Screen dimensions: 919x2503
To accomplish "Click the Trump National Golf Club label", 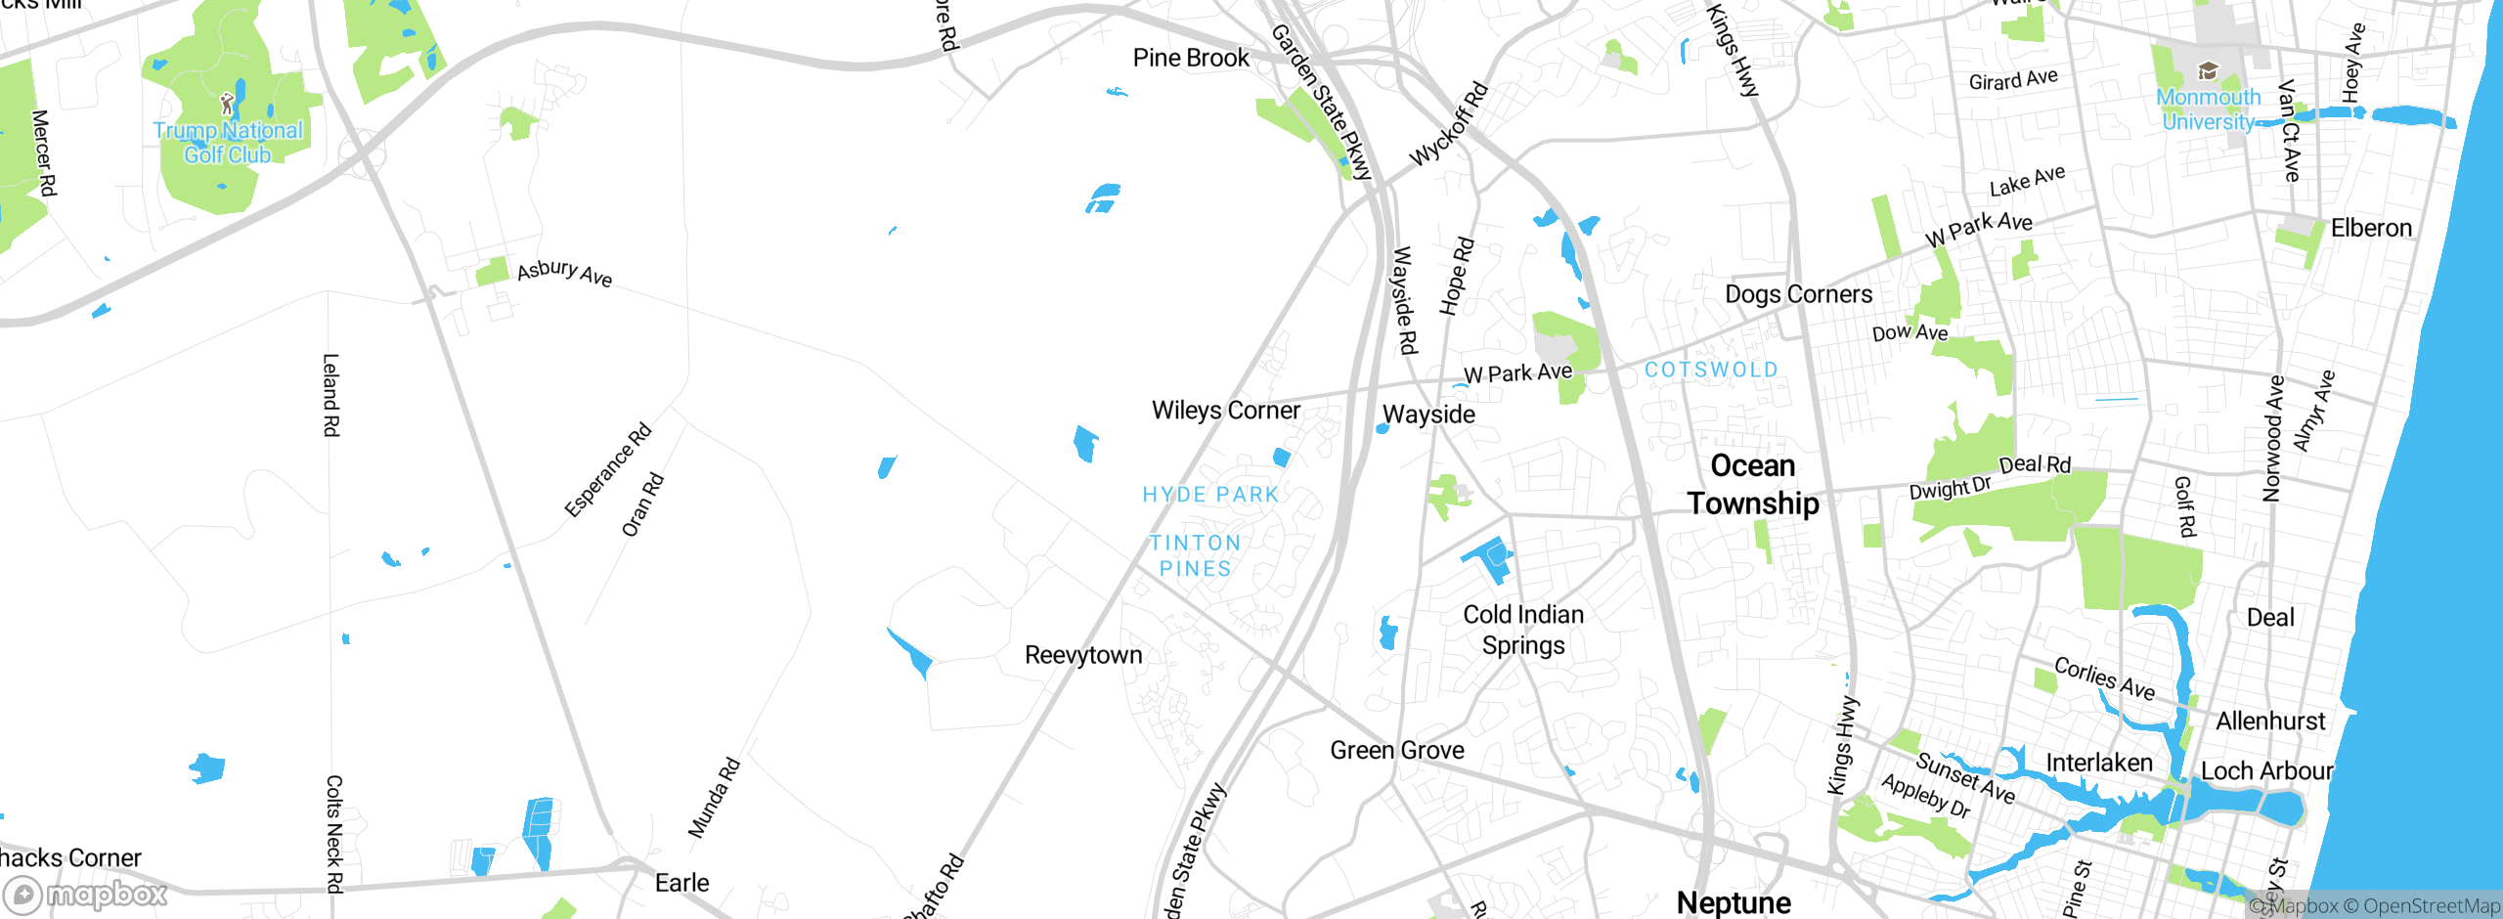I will tap(228, 143).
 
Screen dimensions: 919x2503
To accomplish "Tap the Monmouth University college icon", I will tap(2207, 71).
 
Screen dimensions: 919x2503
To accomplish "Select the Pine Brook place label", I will tap(1190, 58).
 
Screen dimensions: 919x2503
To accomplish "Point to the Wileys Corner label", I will tap(1225, 411).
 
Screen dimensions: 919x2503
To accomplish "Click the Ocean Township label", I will tap(1752, 485).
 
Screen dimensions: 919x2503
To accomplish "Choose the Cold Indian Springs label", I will tap(1522, 630).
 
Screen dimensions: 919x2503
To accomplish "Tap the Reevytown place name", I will tap(1082, 655).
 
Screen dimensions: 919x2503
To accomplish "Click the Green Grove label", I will tap(1396, 750).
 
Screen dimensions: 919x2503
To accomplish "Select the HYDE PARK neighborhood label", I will tap(1210, 495).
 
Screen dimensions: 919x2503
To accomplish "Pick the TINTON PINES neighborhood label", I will tap(1195, 555).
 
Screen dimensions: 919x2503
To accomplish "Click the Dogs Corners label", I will tap(1798, 294).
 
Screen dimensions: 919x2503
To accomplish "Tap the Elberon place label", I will tap(2370, 228).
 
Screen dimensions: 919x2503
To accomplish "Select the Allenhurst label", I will tap(2269, 722).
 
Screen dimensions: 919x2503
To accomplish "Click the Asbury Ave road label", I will tap(564, 273).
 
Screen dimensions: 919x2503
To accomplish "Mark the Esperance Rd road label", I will tap(607, 470).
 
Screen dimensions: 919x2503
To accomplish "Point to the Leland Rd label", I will tap(331, 395).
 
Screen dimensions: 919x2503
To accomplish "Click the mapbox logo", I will tap(85, 894).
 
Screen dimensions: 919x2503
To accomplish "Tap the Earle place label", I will tap(681, 883).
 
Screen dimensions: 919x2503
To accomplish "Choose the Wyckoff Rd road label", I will tap(1448, 125).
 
